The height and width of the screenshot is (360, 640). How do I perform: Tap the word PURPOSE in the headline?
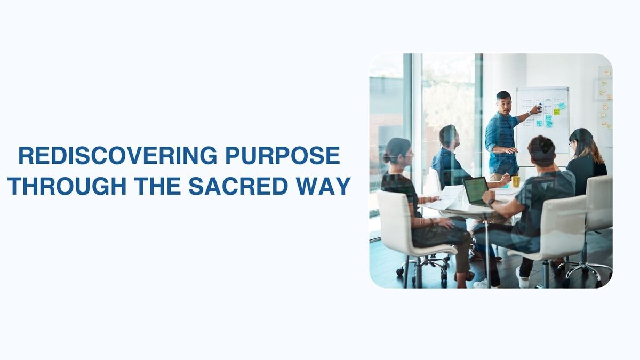(x=283, y=156)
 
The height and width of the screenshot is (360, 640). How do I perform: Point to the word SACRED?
(x=238, y=186)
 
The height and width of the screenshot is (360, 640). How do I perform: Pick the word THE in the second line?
(x=157, y=186)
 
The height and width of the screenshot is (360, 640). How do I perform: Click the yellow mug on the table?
(x=516, y=181)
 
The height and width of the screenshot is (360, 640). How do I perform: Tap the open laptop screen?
(x=476, y=190)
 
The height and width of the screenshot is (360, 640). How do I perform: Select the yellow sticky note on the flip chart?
(x=556, y=111)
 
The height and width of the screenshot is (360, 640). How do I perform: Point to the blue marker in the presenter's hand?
(x=540, y=106)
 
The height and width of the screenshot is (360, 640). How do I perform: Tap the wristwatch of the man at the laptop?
(x=491, y=202)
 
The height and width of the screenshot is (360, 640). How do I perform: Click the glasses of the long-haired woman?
(x=571, y=143)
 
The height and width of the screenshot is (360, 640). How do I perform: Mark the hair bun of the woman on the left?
(x=386, y=158)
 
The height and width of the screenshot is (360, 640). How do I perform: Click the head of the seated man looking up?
(x=449, y=135)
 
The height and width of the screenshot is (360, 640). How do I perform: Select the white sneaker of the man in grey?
(x=523, y=278)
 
